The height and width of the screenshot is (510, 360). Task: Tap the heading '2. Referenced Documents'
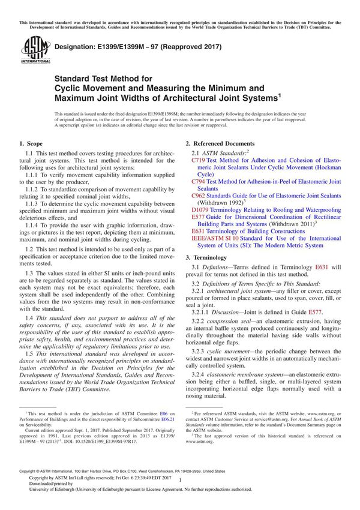tap(220, 144)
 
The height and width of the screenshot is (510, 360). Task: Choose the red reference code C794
tap(199, 181)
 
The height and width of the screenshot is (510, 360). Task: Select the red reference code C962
tap(199, 196)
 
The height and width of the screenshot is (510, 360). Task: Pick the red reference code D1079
tap(200, 210)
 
